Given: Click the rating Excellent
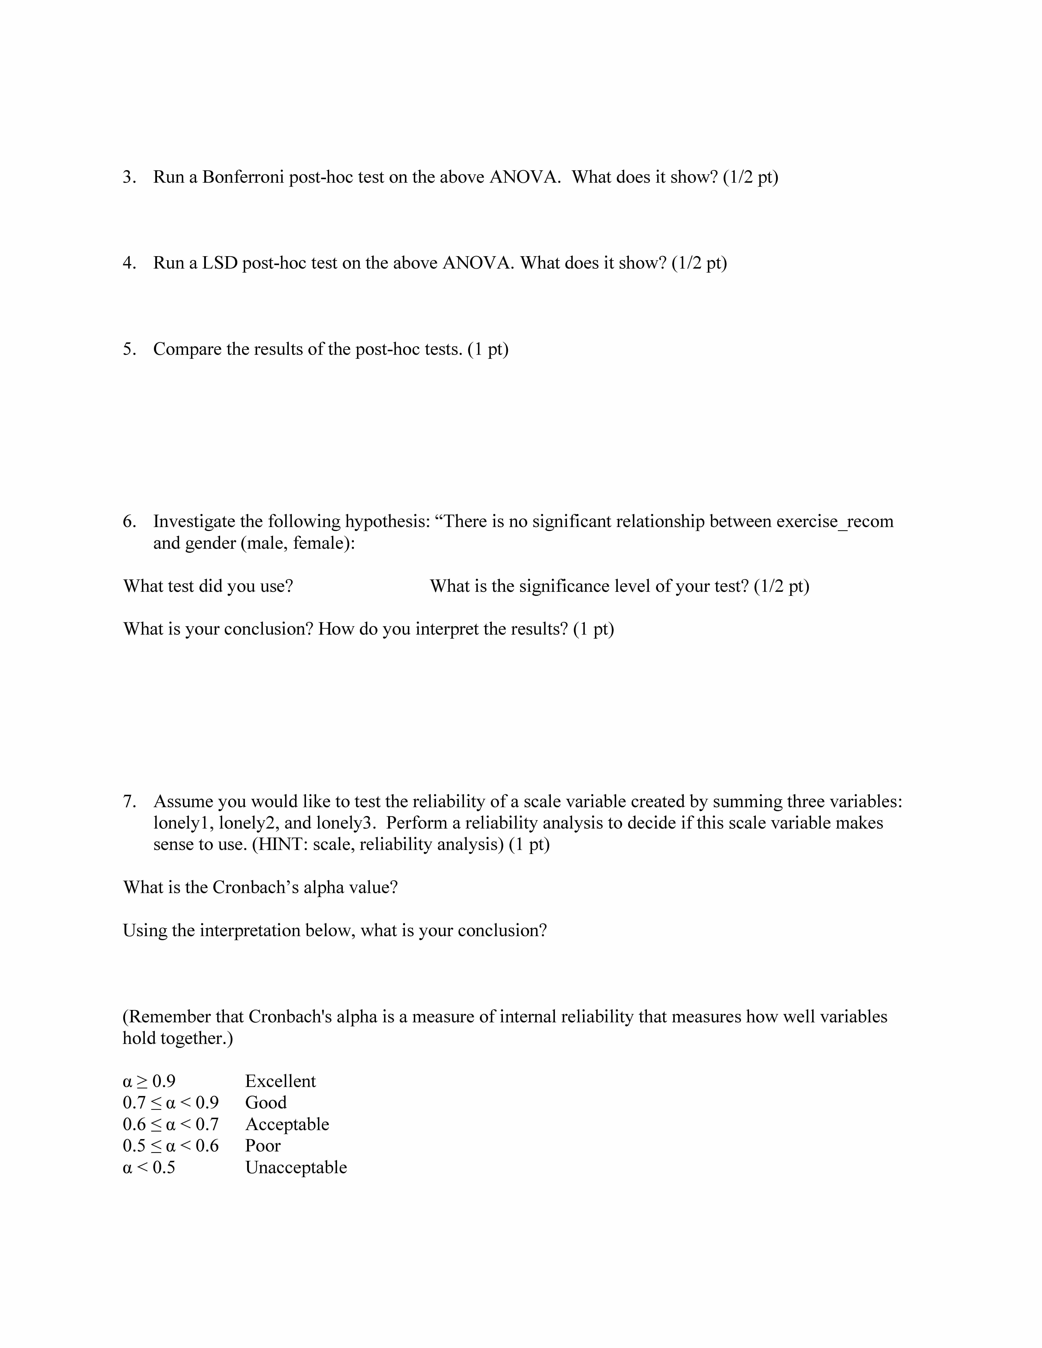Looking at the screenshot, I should (x=280, y=1081).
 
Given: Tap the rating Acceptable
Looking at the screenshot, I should (x=287, y=1124).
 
